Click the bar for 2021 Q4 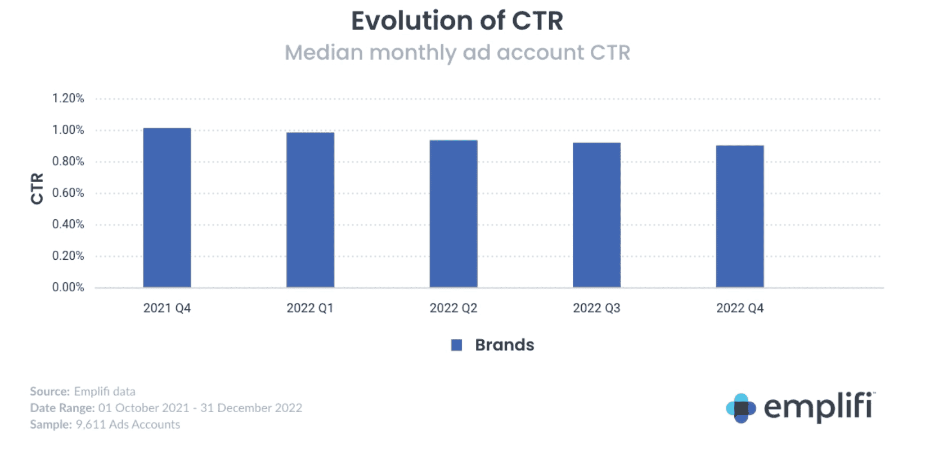(x=167, y=208)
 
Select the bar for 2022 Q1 (x=310, y=210)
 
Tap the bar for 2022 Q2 (x=453, y=214)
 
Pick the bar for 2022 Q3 (x=596, y=215)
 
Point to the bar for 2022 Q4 (x=740, y=217)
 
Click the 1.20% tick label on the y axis (x=68, y=98)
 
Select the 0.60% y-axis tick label (x=68, y=193)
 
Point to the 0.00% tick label (x=68, y=287)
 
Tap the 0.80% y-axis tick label (x=68, y=161)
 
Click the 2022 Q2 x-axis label (x=453, y=308)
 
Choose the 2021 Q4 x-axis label (x=167, y=308)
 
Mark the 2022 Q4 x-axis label (x=740, y=308)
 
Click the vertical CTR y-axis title (x=37, y=188)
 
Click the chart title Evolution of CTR (x=457, y=21)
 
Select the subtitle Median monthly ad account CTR (x=457, y=53)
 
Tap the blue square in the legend (x=457, y=345)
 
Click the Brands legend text (x=505, y=345)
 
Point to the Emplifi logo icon (x=741, y=408)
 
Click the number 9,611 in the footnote (x=91, y=425)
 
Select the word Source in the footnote (x=50, y=391)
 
